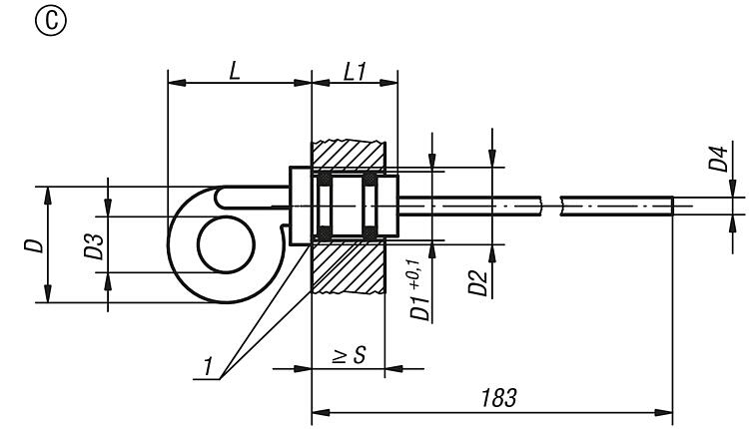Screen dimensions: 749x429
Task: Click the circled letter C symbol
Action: click(51, 21)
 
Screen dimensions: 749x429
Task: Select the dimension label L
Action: click(235, 72)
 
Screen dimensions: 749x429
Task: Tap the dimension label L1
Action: click(355, 72)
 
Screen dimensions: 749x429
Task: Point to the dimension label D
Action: click(34, 245)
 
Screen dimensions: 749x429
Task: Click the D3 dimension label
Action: click(94, 245)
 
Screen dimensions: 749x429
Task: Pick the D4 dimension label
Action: click(718, 158)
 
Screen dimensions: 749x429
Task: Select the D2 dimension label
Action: click(477, 283)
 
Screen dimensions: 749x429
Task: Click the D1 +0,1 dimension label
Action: click(419, 290)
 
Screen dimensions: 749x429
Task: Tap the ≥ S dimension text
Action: click(350, 355)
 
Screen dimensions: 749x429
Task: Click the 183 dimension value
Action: click(498, 398)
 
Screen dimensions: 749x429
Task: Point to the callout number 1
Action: click(208, 367)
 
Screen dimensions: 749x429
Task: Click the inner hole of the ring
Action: click(227, 244)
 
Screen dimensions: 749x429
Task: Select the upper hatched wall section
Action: click(349, 154)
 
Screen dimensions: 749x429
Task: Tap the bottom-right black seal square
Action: click(370, 233)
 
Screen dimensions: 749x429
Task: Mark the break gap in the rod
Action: click(550, 206)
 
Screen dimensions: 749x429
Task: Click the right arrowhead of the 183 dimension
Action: click(663, 412)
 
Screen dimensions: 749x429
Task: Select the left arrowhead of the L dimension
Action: click(177, 83)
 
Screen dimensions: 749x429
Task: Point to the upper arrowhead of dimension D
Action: click(47, 196)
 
